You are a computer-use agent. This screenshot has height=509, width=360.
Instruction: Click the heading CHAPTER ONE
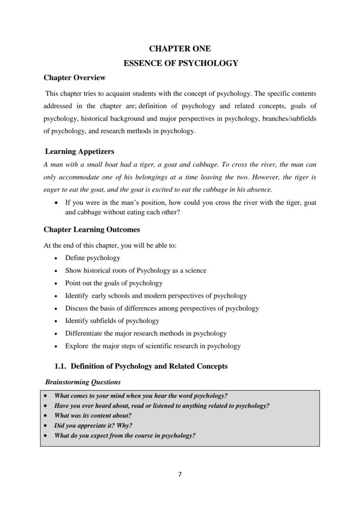180,49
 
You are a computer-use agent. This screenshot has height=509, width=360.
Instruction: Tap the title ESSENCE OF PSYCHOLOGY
180,63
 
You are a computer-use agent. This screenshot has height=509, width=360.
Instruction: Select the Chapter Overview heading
74,78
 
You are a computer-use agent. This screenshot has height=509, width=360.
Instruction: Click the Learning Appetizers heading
80,152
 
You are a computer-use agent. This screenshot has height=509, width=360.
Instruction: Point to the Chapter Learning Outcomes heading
91,230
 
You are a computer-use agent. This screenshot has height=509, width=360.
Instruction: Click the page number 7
180,474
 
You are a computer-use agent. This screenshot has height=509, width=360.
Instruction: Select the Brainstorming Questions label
83,383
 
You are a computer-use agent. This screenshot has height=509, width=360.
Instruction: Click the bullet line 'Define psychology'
93,258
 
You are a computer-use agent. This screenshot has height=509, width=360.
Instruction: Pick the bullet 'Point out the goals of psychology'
114,283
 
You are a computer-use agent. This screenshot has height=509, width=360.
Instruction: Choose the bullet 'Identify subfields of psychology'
112,321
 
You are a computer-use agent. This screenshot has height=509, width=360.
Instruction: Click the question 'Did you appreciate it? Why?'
93,426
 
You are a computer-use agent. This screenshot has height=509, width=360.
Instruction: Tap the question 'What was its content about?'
93,416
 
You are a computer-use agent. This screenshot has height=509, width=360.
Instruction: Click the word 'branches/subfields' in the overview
289,119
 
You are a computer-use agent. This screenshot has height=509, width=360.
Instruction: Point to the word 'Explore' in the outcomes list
77,346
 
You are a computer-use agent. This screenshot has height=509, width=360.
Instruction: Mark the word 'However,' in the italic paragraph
265,177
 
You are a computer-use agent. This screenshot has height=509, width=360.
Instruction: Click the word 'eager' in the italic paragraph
51,190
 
